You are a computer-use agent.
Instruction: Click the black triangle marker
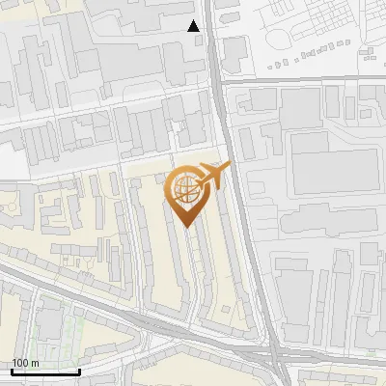click(x=194, y=26)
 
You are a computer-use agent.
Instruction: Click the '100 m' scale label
click(x=25, y=362)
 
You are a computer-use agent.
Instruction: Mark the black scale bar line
click(x=45, y=372)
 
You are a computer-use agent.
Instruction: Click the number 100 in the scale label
click(x=20, y=362)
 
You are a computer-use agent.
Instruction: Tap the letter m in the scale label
click(x=35, y=362)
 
